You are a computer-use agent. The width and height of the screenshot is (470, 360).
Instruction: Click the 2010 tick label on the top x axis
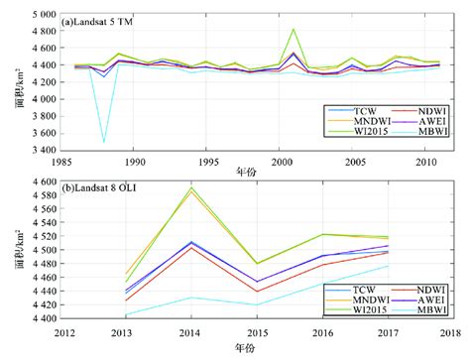425,161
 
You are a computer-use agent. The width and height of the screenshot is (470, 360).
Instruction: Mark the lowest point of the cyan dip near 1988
103,142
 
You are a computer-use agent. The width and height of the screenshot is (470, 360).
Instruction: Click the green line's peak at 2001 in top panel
294,30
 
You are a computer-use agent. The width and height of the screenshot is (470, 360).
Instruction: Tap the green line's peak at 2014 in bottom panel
190,187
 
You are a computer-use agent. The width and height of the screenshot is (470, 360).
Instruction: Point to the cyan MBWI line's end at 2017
387,266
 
